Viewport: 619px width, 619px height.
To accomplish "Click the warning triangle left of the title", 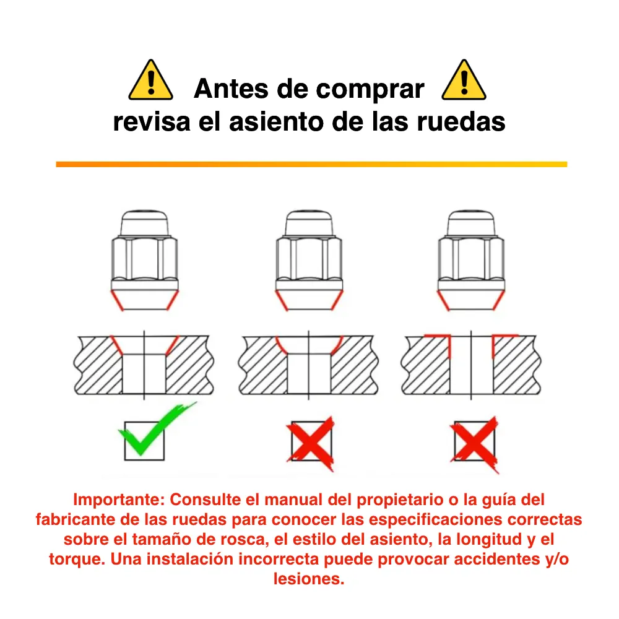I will [151, 80].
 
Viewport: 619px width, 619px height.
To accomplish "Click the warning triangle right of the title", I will [464, 80].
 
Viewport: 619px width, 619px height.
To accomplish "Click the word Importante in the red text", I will [118, 500].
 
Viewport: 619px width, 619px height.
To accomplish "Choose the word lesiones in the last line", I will [308, 580].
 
